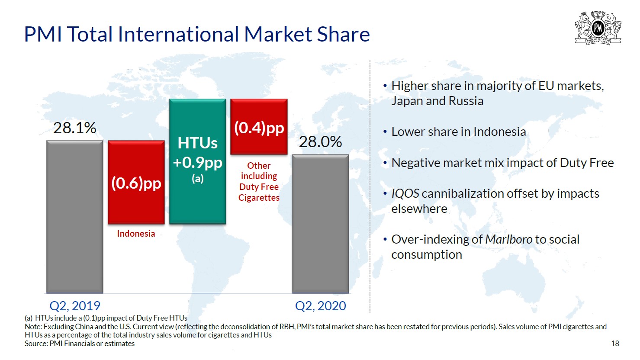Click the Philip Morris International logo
pyautogui.click(x=598, y=28)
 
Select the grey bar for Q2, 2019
pyautogui.click(x=75, y=217)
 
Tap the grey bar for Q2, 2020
pyautogui.click(x=320, y=224)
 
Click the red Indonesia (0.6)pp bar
pyautogui.click(x=136, y=182)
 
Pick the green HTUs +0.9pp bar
pyautogui.click(x=198, y=161)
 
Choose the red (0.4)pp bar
pyautogui.click(x=259, y=127)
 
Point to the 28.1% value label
pyautogui.click(x=75, y=128)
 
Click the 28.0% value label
pyautogui.click(x=320, y=142)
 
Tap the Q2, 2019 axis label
pyautogui.click(x=75, y=306)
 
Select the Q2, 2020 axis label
pyautogui.click(x=320, y=306)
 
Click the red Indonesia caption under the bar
pyautogui.click(x=136, y=233)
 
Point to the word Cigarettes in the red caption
pyautogui.click(x=259, y=197)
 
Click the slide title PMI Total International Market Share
pyautogui.click(x=197, y=34)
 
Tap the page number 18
pyautogui.click(x=615, y=344)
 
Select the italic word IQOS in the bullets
pyautogui.click(x=405, y=194)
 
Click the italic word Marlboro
pyautogui.click(x=508, y=239)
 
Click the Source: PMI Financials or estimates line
pyautogui.click(x=80, y=344)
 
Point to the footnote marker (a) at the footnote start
pyautogui.click(x=29, y=318)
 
